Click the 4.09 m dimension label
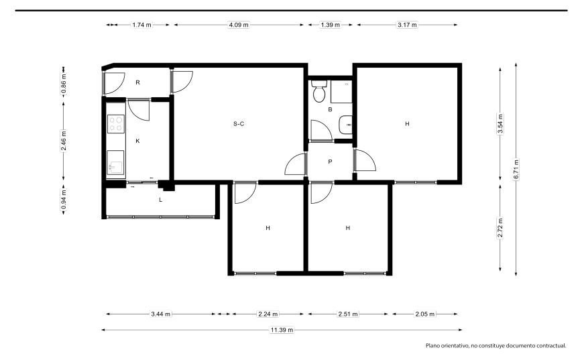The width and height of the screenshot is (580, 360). coord(239,25)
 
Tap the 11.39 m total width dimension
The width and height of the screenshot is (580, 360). coord(282,330)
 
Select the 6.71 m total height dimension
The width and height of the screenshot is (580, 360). coord(516,169)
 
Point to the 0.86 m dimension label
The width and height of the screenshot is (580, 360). coord(64,84)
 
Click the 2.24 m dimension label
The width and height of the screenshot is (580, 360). coord(268,314)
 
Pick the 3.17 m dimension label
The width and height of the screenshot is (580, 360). coord(407,25)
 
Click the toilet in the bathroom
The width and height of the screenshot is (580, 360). coord(319,91)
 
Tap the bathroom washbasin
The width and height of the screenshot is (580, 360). coord(345,125)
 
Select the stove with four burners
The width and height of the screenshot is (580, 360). coord(116,124)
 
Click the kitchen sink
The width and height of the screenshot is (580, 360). coord(115,162)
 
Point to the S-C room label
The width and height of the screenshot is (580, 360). coord(239,123)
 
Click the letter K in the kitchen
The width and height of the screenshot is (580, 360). coord(137,141)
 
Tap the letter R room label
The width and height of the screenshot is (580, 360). coord(137,82)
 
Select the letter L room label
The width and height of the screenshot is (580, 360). coord(160,200)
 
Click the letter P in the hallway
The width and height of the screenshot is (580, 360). coord(330,162)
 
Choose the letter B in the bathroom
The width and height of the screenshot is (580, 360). coord(330,109)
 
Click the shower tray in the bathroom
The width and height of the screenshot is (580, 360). coord(341,92)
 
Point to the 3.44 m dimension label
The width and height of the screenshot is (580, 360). coord(160,314)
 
